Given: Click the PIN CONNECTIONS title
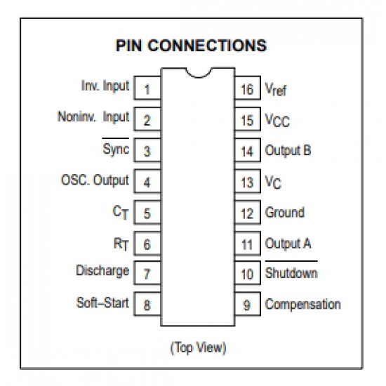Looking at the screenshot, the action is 192,46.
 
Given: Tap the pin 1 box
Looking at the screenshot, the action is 147,88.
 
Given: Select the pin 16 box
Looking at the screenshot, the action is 248,88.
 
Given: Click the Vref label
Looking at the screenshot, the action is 276,89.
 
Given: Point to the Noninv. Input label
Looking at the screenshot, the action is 93,117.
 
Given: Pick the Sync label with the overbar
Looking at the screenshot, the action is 116,147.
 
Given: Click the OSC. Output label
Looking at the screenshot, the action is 95,180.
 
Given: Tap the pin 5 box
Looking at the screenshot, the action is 147,212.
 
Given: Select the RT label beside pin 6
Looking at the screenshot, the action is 121,244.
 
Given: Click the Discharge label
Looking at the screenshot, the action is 102,271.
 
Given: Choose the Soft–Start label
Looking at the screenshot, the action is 102,302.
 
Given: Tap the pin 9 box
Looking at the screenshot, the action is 248,304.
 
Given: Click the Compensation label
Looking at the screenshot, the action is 303,305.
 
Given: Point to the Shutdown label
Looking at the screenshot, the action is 291,272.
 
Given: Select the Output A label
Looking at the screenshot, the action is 288,244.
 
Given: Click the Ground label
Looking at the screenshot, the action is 285,212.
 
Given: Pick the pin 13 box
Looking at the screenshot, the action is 248,181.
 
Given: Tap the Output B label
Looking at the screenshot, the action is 288,150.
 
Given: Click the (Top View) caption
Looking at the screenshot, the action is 198,347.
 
